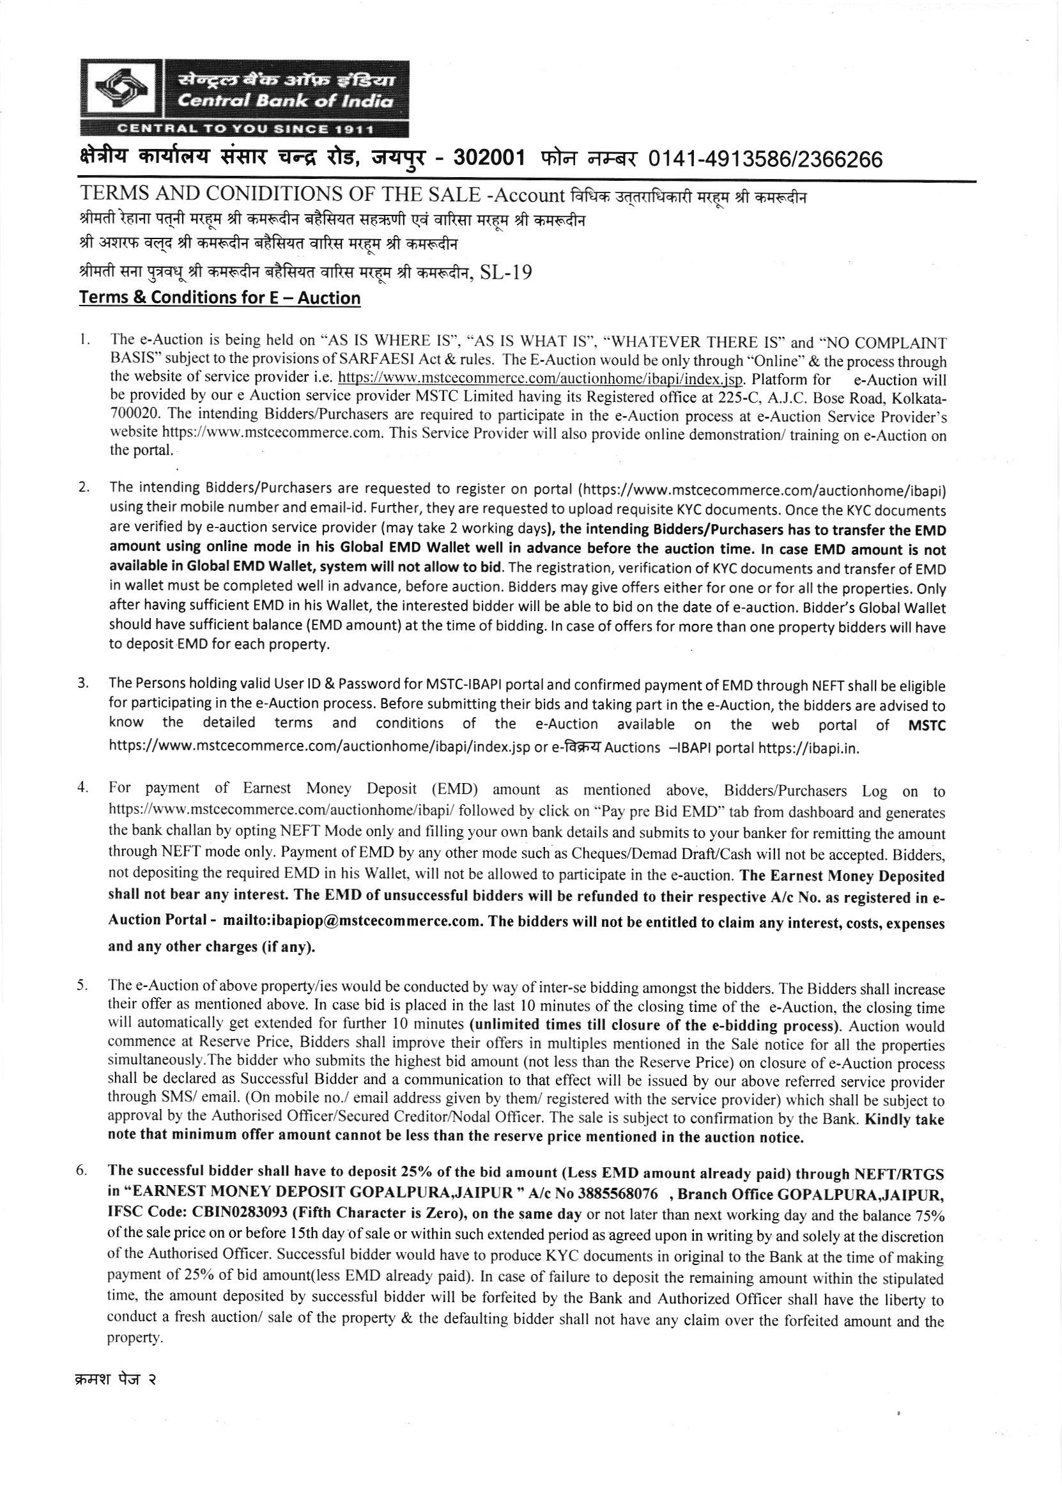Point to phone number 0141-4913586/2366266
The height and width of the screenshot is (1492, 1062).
(765, 159)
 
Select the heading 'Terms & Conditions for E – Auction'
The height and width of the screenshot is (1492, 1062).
(220, 299)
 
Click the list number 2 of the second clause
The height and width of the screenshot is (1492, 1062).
(84, 486)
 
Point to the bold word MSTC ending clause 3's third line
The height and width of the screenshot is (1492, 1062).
(927, 725)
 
